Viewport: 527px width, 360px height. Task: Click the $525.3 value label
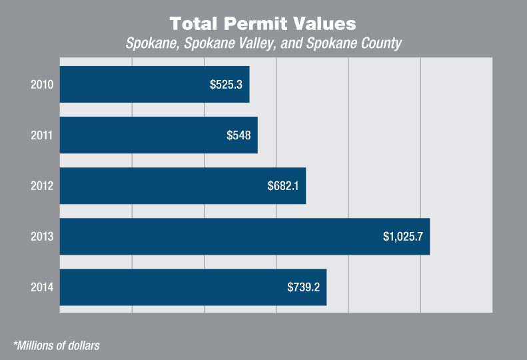(227, 85)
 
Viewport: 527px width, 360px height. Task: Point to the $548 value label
(239, 135)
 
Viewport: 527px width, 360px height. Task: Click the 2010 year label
(41, 85)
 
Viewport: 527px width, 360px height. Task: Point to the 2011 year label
(41, 135)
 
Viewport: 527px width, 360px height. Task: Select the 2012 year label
(41, 186)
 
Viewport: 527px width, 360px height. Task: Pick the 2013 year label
(41, 237)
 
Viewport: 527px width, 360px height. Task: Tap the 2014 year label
(41, 287)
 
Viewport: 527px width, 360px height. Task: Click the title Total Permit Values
(263, 24)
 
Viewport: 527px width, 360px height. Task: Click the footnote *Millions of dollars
(56, 345)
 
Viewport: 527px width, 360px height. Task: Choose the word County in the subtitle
(379, 44)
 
